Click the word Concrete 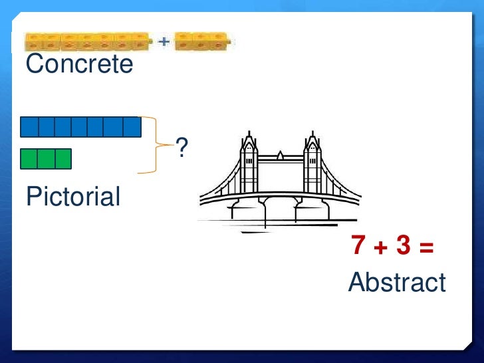79,64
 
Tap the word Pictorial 73,197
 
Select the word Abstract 397,283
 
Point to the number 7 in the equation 359,247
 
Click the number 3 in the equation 403,247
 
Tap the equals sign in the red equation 426,247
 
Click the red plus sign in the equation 380,247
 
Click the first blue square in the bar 29,127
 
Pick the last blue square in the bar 132,127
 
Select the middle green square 46,159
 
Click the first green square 29,159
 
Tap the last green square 62,159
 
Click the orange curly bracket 158,144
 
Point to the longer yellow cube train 87,43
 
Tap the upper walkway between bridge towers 280,158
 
